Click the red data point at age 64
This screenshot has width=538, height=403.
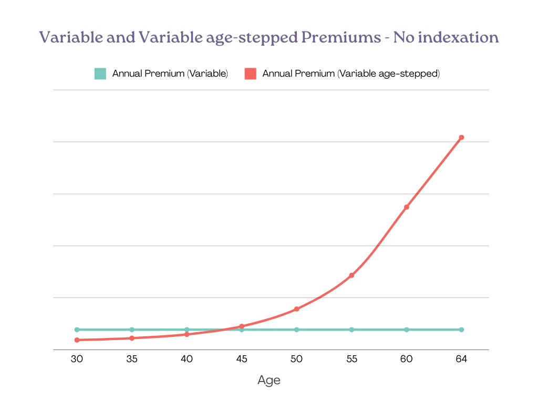coord(461,137)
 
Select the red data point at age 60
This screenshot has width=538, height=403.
coord(407,207)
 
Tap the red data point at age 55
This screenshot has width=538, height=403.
coord(351,275)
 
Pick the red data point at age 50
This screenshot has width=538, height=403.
coord(296,309)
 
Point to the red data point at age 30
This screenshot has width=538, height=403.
coord(77,340)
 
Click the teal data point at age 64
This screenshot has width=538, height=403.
coord(461,330)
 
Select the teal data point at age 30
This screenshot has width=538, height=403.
coord(77,330)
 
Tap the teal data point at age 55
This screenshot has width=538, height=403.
coord(351,330)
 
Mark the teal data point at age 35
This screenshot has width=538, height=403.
coord(132,330)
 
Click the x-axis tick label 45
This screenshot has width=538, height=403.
coord(242,359)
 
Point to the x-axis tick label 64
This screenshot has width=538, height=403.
coord(461,359)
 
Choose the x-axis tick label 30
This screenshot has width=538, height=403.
coord(77,359)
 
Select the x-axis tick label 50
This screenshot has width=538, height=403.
coord(296,359)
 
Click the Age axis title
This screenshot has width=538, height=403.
coord(269,380)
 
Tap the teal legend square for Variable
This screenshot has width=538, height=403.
coord(100,74)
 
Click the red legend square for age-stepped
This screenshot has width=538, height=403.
coord(250,74)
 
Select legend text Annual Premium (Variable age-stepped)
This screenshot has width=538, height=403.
coord(351,74)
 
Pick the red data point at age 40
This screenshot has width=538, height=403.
coord(187,334)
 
